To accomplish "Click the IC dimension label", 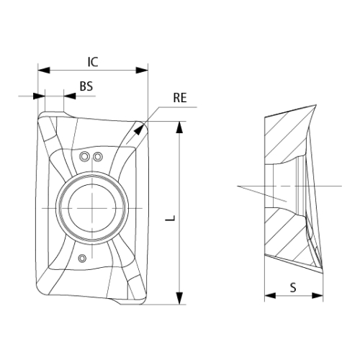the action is (93, 62).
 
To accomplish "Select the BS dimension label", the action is (86, 86).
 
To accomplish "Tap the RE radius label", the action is (180, 98).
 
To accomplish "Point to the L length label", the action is (172, 218).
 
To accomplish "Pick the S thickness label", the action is (293, 287).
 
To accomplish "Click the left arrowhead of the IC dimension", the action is (44, 71).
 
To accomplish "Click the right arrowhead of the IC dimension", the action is (142, 71).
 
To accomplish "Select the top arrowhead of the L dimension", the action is (179, 127).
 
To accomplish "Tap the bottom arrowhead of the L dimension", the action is (179, 299).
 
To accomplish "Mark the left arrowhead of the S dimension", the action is (270, 295).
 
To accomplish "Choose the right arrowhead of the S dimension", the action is (318, 295).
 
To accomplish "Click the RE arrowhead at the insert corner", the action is (138, 130).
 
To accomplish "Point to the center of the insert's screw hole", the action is (92, 208).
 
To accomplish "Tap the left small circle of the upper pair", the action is (84, 157).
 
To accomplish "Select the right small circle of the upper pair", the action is (98, 157).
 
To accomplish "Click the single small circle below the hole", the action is (82, 258).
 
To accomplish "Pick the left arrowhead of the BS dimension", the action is (39, 96).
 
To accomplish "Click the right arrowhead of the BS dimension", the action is (70, 96).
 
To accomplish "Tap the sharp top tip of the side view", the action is (315, 105).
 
